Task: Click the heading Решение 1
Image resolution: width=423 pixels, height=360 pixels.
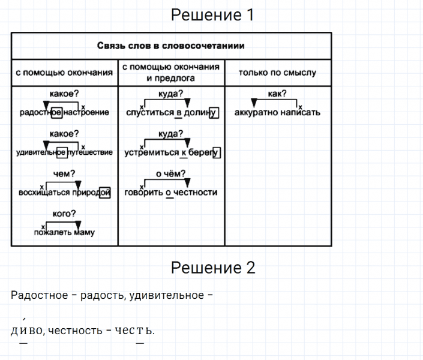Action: pyautogui.click(x=212, y=15)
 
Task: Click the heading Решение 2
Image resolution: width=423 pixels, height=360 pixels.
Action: pyautogui.click(x=213, y=268)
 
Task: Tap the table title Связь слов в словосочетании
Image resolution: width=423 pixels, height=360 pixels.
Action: pyautogui.click(x=171, y=46)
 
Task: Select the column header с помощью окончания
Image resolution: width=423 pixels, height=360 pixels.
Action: pyautogui.click(x=64, y=73)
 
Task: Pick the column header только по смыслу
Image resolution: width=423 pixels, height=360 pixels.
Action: pyautogui.click(x=277, y=73)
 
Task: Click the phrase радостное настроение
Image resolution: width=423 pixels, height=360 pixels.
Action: pyautogui.click(x=64, y=112)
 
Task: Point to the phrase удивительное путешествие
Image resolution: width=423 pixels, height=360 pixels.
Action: pyautogui.click(x=64, y=152)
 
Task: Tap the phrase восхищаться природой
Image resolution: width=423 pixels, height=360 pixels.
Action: pyautogui.click(x=64, y=193)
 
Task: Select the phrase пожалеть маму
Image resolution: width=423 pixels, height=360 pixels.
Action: pyautogui.click(x=64, y=233)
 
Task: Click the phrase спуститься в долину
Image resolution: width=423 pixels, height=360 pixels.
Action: pyautogui.click(x=171, y=112)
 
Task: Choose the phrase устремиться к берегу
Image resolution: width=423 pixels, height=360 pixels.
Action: pyautogui.click(x=171, y=152)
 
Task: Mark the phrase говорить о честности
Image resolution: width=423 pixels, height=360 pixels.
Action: pyautogui.click(x=171, y=193)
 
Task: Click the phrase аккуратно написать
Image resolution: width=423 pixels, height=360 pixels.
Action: pyautogui.click(x=277, y=112)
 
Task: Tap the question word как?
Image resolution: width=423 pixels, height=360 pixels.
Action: pyautogui.click(x=277, y=93)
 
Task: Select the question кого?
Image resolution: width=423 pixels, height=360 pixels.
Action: pyautogui.click(x=64, y=214)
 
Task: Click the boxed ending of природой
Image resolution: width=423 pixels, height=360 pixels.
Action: pyautogui.click(x=105, y=193)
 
